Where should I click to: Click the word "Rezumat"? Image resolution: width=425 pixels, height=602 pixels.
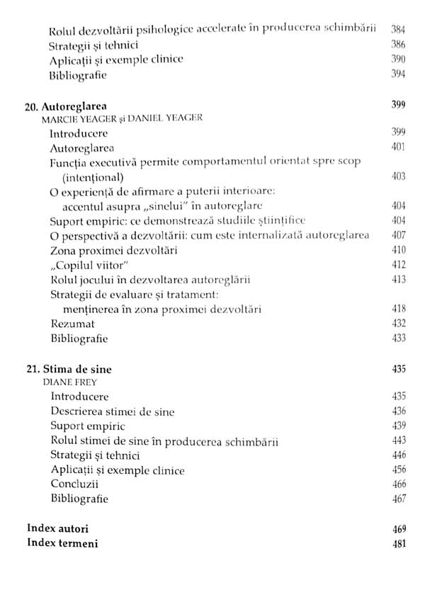[x=69, y=323]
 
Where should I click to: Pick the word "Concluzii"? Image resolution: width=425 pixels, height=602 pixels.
[x=74, y=484]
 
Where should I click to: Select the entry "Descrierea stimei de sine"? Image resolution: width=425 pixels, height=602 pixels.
[x=112, y=411]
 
